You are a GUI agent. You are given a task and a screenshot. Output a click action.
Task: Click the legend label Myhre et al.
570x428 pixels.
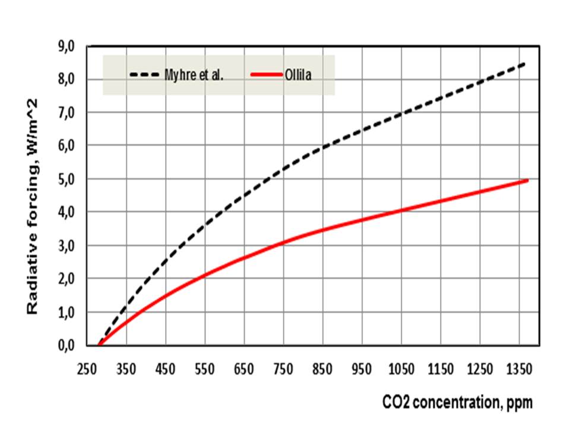tap(194, 75)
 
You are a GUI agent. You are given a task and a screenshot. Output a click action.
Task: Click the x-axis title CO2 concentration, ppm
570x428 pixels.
tap(457, 402)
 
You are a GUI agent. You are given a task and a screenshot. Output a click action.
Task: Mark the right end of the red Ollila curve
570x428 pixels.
tap(527, 180)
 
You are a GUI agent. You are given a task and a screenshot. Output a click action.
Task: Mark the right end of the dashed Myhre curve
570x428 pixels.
tap(524, 63)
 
